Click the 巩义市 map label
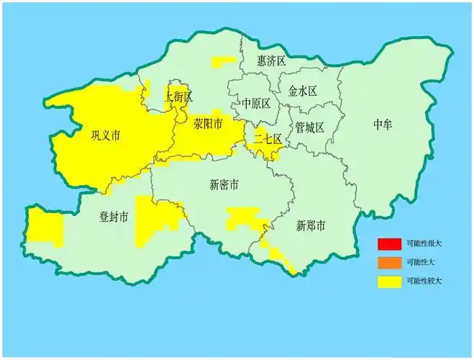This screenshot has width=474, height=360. click(105, 135)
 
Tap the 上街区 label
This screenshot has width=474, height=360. click(179, 96)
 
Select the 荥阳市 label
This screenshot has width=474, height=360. click(208, 125)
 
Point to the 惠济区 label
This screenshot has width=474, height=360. click(272, 61)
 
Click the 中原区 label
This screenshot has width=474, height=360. click(256, 103)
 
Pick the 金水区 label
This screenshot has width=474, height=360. click(303, 91)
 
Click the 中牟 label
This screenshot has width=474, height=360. click(383, 125)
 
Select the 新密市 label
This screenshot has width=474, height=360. click(224, 184)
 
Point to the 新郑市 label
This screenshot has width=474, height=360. click(311, 226)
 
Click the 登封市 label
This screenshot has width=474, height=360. click(114, 217)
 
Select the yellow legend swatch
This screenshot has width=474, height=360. click(388, 282)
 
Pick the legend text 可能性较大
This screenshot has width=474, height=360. click(424, 282)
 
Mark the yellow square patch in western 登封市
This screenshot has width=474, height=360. click(45, 227)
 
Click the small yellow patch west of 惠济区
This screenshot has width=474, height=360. click(220, 63)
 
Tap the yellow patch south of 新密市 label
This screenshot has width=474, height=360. click(243, 217)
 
